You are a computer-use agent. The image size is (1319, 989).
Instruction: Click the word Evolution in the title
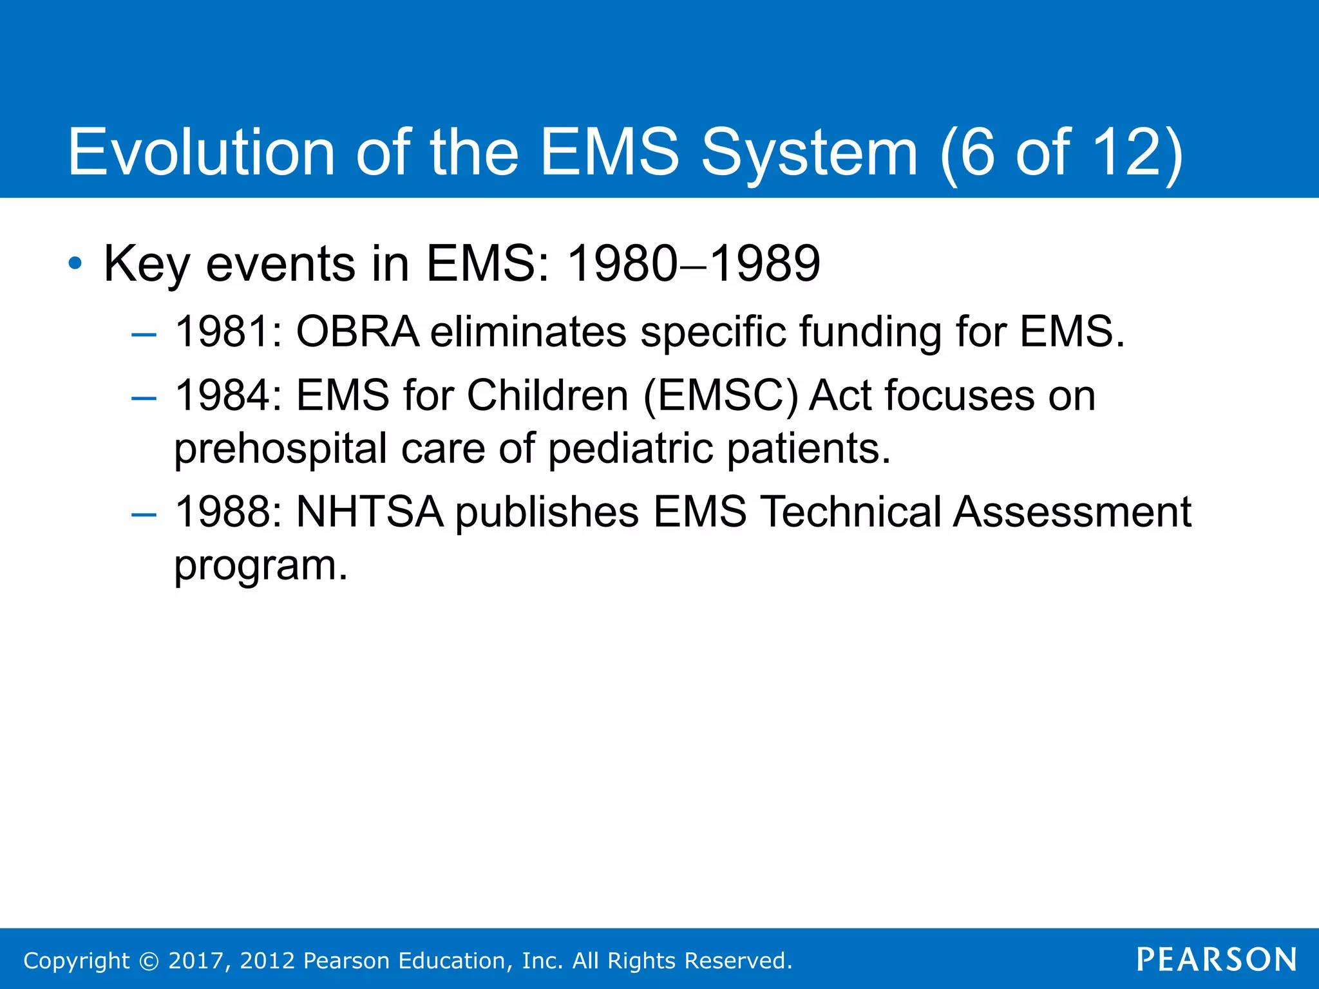201,152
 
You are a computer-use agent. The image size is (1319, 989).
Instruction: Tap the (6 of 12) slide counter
1061,153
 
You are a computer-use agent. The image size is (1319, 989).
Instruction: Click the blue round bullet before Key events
75,263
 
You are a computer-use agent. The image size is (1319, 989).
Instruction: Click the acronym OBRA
357,332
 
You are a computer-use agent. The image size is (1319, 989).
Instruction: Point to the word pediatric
631,449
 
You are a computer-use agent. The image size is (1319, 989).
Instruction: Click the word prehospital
281,449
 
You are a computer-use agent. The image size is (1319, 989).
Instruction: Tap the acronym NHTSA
370,513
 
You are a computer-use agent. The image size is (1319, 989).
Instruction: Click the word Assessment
1072,513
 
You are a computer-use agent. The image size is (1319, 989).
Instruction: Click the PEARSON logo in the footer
1217,960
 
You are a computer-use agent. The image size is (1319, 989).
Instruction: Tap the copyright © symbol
149,961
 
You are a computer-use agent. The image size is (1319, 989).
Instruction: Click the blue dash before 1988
144,515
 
